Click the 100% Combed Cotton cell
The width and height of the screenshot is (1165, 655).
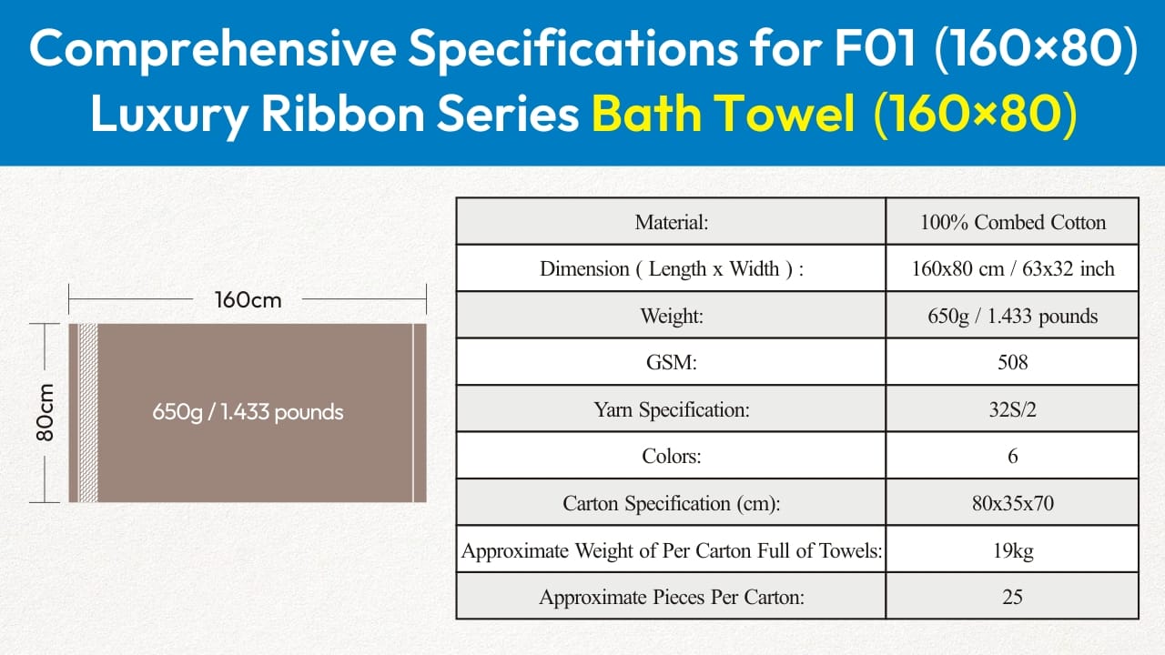(x=1013, y=222)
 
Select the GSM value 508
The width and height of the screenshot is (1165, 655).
(x=1013, y=362)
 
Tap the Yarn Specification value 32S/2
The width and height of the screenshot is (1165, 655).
(x=1013, y=409)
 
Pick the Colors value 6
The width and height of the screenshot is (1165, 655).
(x=1013, y=457)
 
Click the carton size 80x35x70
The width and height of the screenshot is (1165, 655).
(x=1013, y=503)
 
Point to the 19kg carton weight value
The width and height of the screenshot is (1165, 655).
(x=1013, y=550)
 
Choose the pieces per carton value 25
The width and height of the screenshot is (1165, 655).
(x=1013, y=597)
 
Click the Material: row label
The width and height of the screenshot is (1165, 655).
(x=672, y=222)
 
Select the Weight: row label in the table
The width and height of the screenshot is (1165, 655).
(x=672, y=316)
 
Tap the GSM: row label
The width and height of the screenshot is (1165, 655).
(x=672, y=362)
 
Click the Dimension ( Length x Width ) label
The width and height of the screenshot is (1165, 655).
(x=672, y=268)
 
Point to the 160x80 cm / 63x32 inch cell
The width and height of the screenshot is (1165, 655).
(x=1013, y=268)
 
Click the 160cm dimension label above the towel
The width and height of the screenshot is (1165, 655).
(x=248, y=300)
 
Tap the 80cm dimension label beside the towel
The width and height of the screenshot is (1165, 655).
(x=46, y=413)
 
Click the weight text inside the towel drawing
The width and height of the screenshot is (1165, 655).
(x=248, y=412)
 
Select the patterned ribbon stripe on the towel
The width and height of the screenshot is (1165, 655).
(x=88, y=413)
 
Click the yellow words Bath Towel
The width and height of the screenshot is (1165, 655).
(x=723, y=114)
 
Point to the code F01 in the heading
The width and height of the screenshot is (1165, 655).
(x=875, y=48)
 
